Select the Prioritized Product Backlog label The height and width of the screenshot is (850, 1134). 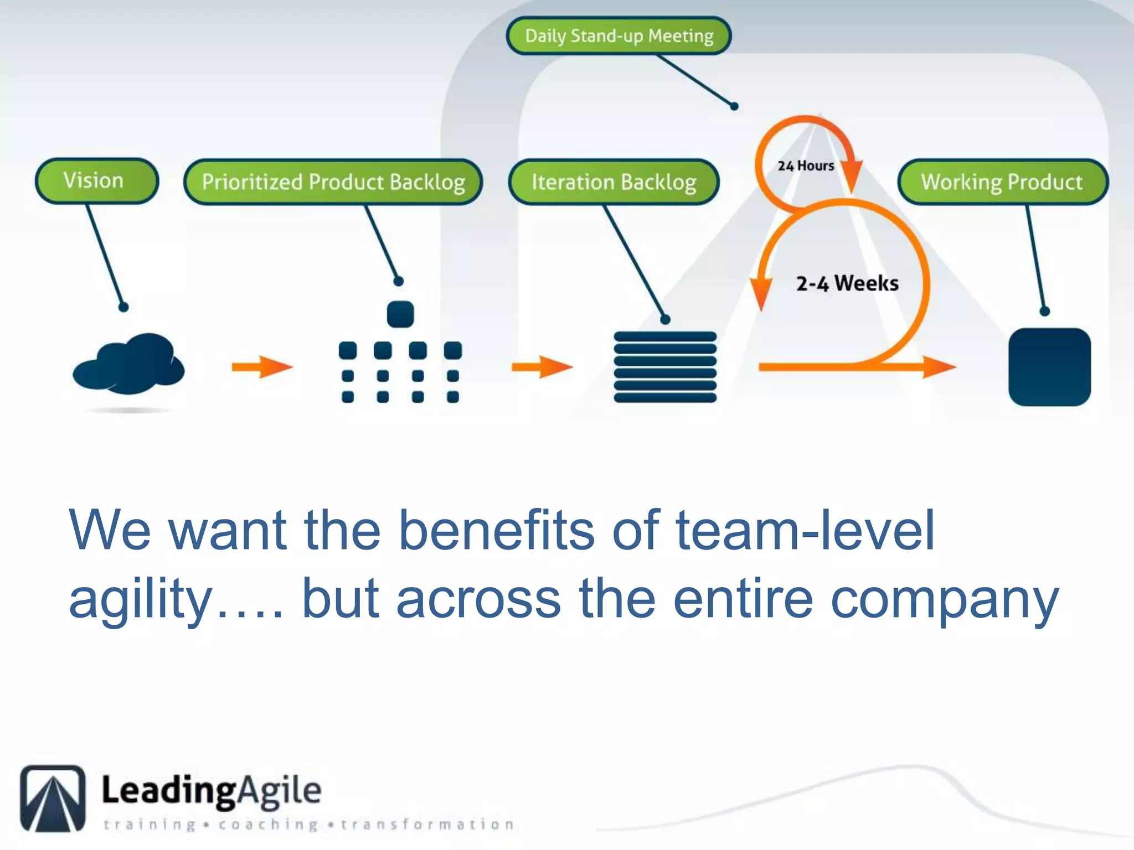pyautogui.click(x=333, y=182)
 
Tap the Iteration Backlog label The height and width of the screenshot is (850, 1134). pyautogui.click(x=614, y=182)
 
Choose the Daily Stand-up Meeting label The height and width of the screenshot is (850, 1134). pyautogui.click(x=619, y=36)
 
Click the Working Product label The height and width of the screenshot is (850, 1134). pyautogui.click(x=1002, y=182)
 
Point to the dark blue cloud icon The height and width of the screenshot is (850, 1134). pyautogui.click(x=128, y=364)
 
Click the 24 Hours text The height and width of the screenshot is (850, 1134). pyautogui.click(x=806, y=165)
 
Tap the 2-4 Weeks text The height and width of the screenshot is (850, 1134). pyautogui.click(x=847, y=283)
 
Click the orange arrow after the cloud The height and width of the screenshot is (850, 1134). pyautogui.click(x=262, y=367)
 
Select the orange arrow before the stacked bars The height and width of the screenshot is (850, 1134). pyautogui.click(x=542, y=367)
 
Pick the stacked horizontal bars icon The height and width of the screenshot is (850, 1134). pyautogui.click(x=665, y=367)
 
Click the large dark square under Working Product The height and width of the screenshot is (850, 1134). pyautogui.click(x=1049, y=367)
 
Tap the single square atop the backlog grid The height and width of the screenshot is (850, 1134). pyautogui.click(x=400, y=314)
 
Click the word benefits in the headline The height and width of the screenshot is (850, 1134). pyautogui.click(x=496, y=530)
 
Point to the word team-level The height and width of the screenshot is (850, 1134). pyautogui.click(x=805, y=530)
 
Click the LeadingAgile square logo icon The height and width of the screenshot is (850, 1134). pyautogui.click(x=53, y=798)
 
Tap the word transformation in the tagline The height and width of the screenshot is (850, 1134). pyautogui.click(x=427, y=825)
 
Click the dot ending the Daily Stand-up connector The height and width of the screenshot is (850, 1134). pyautogui.click(x=734, y=106)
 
